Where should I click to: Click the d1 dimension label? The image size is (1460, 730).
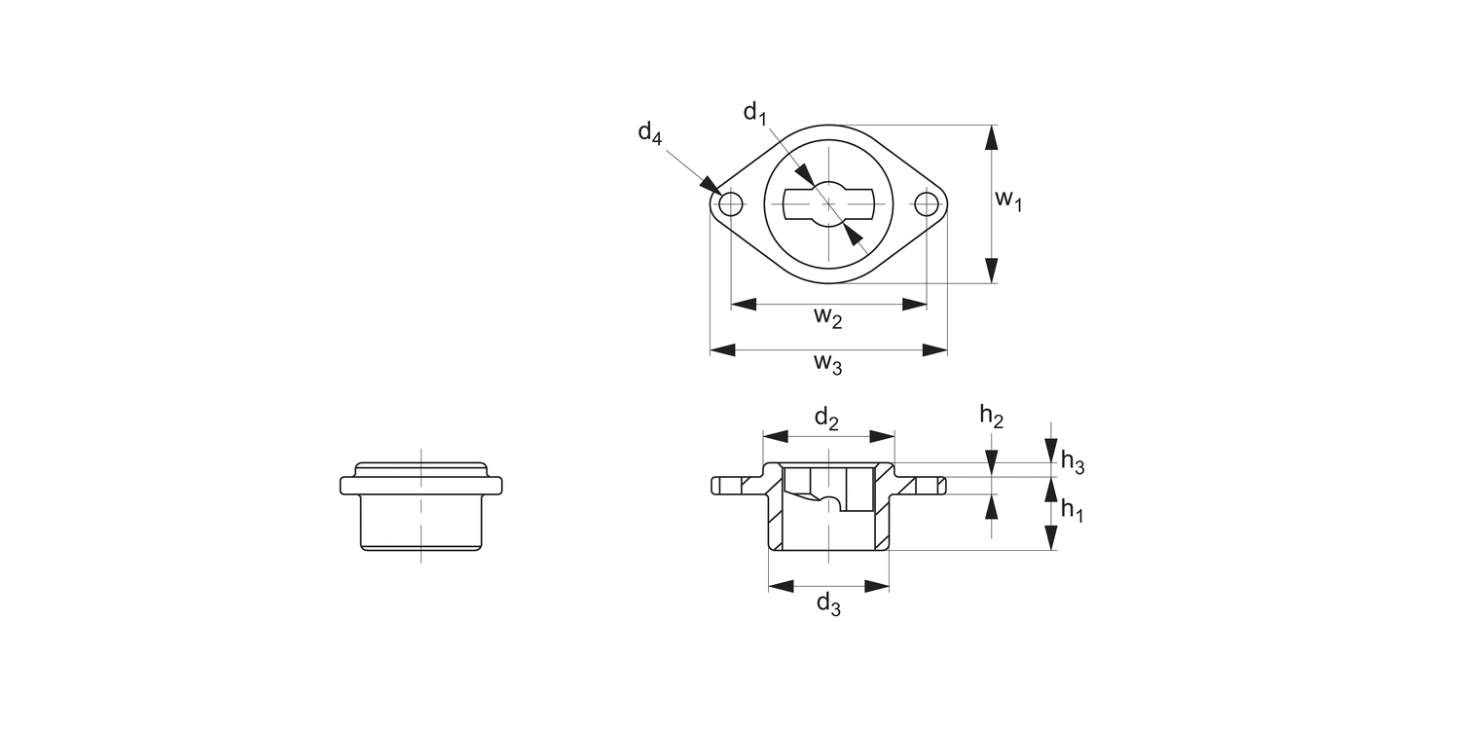click(x=754, y=114)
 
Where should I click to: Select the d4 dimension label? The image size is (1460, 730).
click(x=649, y=132)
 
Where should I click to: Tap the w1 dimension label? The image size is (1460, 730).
click(x=1008, y=201)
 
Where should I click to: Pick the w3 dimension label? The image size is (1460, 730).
click(x=828, y=364)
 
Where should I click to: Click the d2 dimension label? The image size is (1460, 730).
click(x=827, y=419)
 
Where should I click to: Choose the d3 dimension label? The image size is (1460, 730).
click(x=828, y=604)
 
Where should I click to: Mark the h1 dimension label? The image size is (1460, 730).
click(x=1072, y=509)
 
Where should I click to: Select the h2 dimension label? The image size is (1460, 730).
click(x=991, y=417)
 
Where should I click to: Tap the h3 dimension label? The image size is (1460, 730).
click(x=1072, y=461)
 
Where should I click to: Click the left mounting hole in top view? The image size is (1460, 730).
click(x=730, y=204)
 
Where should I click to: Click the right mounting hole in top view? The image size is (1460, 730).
click(x=927, y=204)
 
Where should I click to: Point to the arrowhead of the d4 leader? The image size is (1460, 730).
click(x=710, y=186)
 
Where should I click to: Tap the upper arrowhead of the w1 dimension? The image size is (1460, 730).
click(x=991, y=137)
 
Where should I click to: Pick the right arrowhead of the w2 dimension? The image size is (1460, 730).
click(x=914, y=305)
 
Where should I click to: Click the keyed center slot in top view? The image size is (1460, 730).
click(x=828, y=204)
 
